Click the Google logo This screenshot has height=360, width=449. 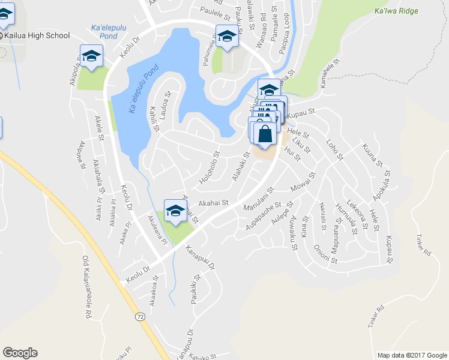pos(20,353)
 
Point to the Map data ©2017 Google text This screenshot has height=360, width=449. pos(411,355)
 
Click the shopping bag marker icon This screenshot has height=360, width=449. pos(265,134)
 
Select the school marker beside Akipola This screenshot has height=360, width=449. pos(91,56)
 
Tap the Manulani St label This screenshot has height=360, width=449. pos(259,198)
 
